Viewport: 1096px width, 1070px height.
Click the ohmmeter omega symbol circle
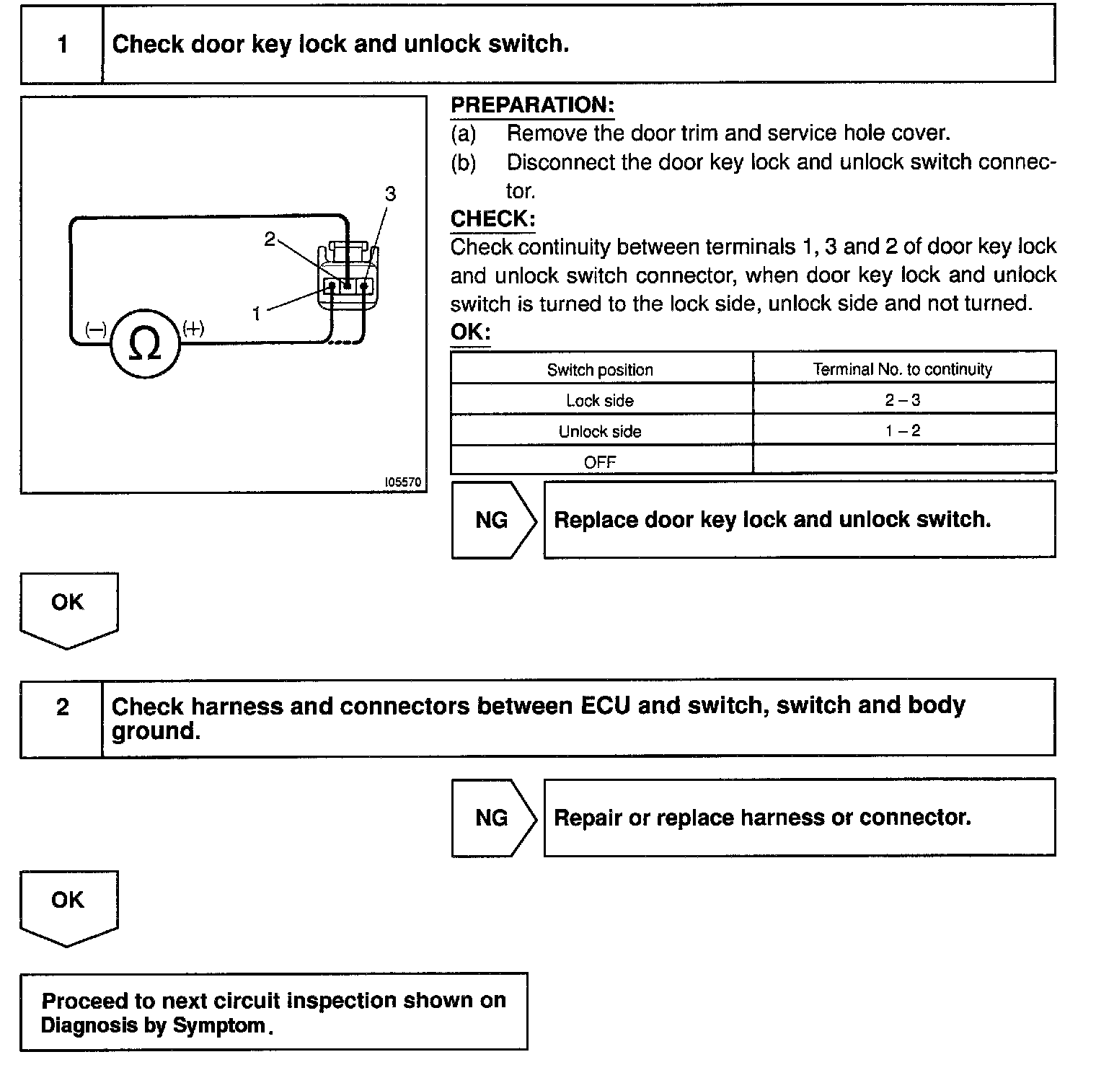pos(144,345)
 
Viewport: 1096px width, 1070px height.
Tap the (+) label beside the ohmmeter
pos(193,330)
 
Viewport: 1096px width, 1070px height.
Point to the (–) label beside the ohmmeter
pos(96,330)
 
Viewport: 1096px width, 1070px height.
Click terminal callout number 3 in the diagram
pos(390,194)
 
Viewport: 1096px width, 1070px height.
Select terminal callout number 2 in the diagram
pos(270,239)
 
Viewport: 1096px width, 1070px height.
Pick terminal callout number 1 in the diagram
pos(256,314)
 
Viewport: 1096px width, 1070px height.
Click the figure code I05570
pos(403,482)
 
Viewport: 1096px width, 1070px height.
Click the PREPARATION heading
pos(532,105)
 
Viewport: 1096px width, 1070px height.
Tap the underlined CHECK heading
pos(492,219)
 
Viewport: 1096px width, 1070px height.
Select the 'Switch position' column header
pos(600,370)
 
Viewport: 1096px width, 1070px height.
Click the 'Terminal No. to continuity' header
pos(903,369)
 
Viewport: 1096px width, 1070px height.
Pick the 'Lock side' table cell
pos(600,400)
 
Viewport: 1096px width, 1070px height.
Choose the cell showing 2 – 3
pos(903,399)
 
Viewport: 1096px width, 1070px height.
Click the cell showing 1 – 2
pos(903,430)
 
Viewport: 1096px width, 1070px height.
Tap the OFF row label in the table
pos(600,462)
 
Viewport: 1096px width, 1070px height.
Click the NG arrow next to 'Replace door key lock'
pos(493,520)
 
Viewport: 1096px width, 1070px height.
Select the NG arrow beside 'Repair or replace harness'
pos(493,818)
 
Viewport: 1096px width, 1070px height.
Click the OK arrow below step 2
pos(68,906)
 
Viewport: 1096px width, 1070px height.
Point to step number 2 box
pos(62,707)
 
